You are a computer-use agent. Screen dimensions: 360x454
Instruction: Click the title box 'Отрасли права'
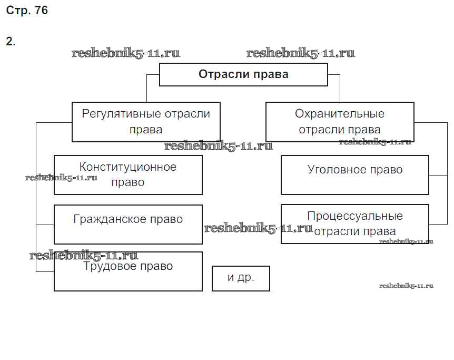243,74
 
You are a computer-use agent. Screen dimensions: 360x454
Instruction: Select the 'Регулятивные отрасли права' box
146,122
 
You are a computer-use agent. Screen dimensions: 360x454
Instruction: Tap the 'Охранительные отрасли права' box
340,122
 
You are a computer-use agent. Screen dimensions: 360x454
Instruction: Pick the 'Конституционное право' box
128,175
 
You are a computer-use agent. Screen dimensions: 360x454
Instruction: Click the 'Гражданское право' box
128,225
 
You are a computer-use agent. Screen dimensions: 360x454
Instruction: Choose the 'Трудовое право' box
128,271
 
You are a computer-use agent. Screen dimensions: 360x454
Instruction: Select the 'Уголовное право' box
355,175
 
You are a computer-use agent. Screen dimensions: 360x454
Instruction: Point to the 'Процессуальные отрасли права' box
355,224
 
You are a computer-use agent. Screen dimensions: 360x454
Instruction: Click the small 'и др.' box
241,278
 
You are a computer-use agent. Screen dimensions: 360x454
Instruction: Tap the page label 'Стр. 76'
27,11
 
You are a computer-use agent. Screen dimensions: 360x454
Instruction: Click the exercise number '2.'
11,42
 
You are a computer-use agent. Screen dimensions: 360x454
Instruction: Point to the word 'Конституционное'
128,167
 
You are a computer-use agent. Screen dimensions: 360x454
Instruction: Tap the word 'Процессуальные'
355,216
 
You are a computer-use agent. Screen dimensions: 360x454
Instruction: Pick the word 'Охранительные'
340,114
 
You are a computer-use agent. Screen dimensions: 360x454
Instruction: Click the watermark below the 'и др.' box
406,286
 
